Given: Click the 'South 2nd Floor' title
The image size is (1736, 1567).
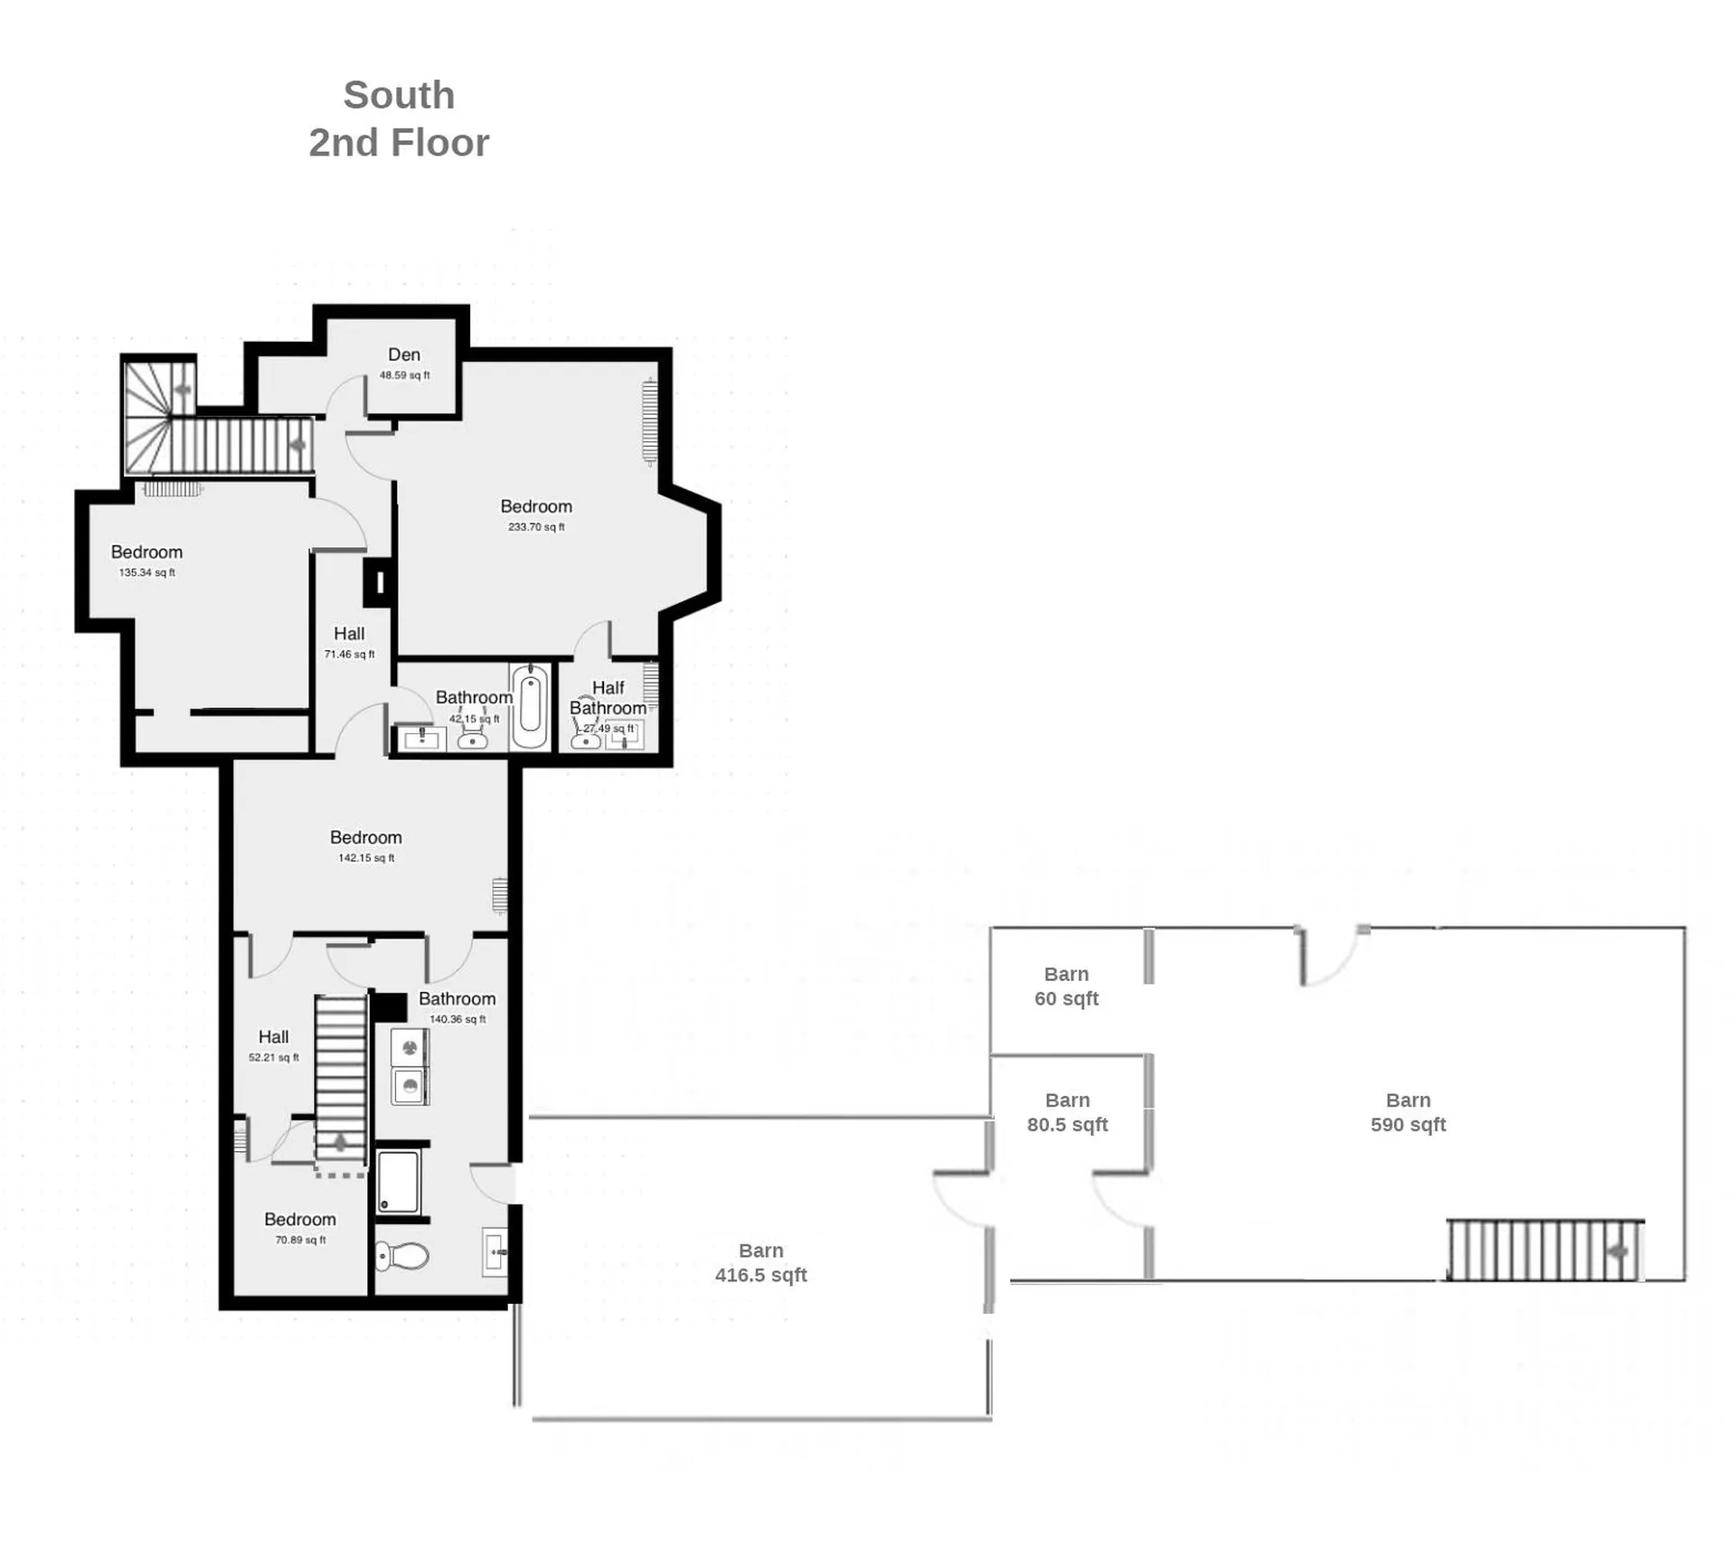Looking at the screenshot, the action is pyautogui.click(x=399, y=118).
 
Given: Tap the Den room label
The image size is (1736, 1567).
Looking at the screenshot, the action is pyautogui.click(x=404, y=355).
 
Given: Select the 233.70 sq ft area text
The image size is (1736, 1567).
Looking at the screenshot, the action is pyautogui.click(x=536, y=527).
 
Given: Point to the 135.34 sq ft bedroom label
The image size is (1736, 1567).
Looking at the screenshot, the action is pyautogui.click(x=146, y=561).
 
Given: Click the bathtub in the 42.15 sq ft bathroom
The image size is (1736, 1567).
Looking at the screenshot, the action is pyautogui.click(x=530, y=706).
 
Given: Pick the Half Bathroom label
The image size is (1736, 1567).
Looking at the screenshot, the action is pyautogui.click(x=608, y=698).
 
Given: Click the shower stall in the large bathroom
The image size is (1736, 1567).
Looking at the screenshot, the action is pyautogui.click(x=398, y=1180).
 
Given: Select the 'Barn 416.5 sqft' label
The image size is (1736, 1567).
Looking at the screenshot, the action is pyautogui.click(x=760, y=1262).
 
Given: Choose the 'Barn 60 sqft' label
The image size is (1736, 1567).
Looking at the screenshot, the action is pyautogui.click(x=1066, y=986).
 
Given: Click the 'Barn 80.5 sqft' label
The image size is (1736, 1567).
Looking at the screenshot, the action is pyautogui.click(x=1067, y=1112).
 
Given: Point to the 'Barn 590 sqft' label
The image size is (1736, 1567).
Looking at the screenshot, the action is pyautogui.click(x=1408, y=1112).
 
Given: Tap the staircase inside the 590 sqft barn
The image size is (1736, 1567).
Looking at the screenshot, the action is pyautogui.click(x=1545, y=1250).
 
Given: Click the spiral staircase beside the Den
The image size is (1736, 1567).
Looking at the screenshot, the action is pyautogui.click(x=160, y=417).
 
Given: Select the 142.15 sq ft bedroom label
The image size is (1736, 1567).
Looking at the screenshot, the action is pyautogui.click(x=365, y=846).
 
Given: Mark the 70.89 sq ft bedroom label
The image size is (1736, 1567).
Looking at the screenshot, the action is pyautogui.click(x=300, y=1229).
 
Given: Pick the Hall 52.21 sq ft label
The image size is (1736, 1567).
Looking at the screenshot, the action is pyautogui.click(x=274, y=1046).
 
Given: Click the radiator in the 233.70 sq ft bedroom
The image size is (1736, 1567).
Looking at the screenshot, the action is pyautogui.click(x=649, y=421).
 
